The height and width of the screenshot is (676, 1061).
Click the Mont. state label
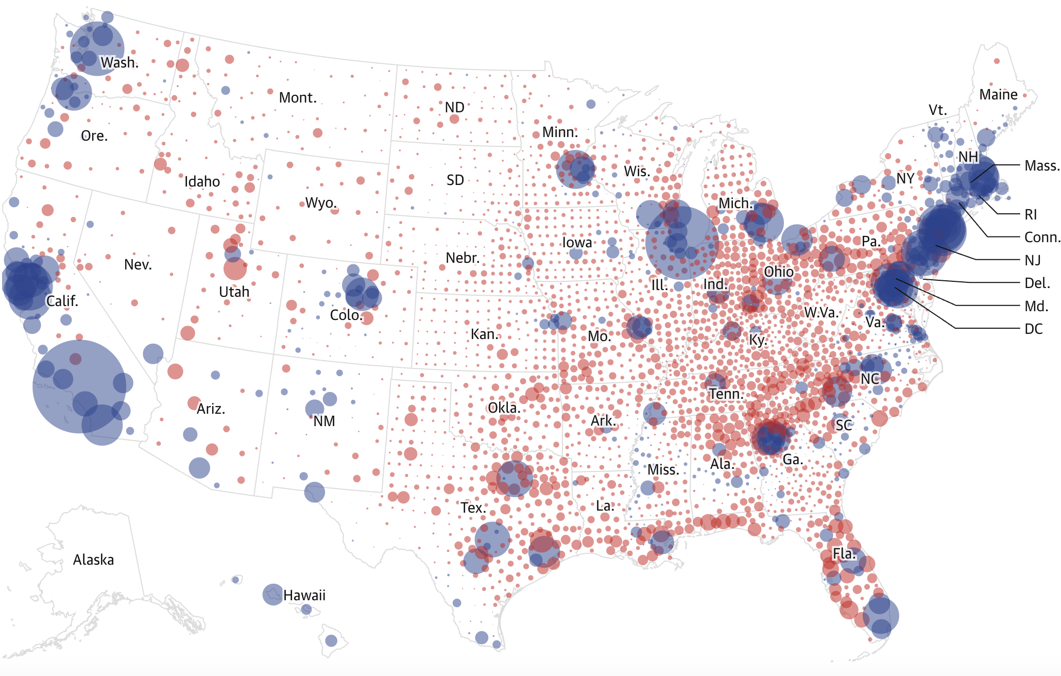coord(298,98)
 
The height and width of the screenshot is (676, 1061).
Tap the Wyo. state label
coord(320,202)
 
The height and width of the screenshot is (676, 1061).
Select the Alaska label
coord(93,560)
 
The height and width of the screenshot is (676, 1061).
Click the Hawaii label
coord(304,596)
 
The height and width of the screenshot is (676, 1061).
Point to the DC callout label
coord(1033,329)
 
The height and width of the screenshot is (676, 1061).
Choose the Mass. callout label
coord(1042,166)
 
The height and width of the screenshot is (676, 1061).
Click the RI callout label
coord(1031,214)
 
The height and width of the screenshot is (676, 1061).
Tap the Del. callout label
coord(1037,283)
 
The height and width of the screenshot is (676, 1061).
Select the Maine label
coord(998,95)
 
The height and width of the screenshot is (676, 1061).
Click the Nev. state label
coord(138,265)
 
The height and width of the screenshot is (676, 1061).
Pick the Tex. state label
coord(473,508)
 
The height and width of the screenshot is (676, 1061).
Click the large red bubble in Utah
coord(235,268)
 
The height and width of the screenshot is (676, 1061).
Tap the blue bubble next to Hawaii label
coord(272,595)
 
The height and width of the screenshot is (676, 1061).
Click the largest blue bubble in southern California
coord(79,386)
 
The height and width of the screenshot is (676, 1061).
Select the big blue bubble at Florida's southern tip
coord(881,615)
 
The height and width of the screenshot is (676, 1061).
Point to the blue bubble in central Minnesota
coord(575,169)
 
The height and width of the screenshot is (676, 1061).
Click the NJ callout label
coord(1033,260)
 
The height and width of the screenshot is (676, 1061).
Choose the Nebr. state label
coord(462,258)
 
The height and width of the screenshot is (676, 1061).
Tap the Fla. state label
coord(844,554)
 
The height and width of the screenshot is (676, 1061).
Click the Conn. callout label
coord(1042,238)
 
